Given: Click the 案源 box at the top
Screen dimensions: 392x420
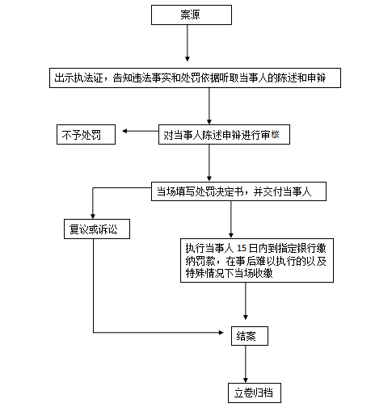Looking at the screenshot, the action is pos(192,15).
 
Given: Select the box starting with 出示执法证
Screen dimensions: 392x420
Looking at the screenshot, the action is pos(195,78).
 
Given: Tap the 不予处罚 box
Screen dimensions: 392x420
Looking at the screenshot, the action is pos(86,134).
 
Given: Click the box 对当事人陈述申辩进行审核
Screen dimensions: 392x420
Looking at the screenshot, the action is pos(224,134).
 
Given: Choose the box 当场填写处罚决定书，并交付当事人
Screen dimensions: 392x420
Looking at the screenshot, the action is pos(238,191).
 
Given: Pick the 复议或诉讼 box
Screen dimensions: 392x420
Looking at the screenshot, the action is pos(97,229).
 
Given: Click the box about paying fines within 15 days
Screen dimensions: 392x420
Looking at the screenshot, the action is pos(257,260).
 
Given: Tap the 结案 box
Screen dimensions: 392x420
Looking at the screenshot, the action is pos(250,336).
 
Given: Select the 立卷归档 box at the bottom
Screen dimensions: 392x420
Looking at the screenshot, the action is pos(255,393).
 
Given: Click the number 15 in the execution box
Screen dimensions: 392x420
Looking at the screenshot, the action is pos(242,248).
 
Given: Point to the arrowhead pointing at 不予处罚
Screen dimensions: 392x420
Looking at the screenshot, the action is pos(124,131).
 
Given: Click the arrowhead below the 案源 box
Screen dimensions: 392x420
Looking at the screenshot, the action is pos(188,59).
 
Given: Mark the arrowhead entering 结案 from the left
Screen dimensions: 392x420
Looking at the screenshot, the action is pos(221,333).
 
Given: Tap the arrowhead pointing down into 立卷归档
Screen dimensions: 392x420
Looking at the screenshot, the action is pos(246,380).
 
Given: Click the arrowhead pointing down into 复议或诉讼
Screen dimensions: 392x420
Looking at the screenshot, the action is pos(93,216).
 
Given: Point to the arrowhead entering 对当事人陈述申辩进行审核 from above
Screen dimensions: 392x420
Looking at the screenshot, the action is pos(209,121).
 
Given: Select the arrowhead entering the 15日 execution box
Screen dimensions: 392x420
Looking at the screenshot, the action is pos(231,235).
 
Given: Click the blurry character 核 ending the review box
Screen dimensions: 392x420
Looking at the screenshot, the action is pos(275,134).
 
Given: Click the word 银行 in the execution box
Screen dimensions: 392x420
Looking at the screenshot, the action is pos(307,248).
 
